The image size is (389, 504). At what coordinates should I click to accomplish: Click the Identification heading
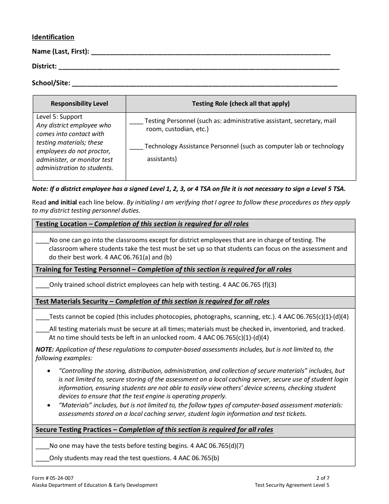[53, 37]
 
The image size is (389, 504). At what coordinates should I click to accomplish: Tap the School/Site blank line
[204, 83]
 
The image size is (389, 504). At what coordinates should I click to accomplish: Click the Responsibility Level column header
[79, 104]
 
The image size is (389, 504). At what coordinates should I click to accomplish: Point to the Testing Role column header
[241, 104]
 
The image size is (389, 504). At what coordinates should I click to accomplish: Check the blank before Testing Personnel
[136, 122]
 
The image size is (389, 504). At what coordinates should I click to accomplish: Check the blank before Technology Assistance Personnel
[136, 147]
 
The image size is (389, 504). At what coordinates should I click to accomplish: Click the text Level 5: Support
[59, 117]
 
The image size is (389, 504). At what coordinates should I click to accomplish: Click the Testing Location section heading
[142, 224]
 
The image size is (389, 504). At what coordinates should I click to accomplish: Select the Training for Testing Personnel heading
[163, 270]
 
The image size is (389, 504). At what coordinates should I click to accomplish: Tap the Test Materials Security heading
[152, 302]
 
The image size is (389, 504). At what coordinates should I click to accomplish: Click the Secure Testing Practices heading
[154, 430]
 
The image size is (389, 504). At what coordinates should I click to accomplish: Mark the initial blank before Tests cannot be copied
[42, 318]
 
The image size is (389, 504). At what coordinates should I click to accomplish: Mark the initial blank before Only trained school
[42, 285]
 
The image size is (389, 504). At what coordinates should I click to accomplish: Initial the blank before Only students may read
[42, 459]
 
